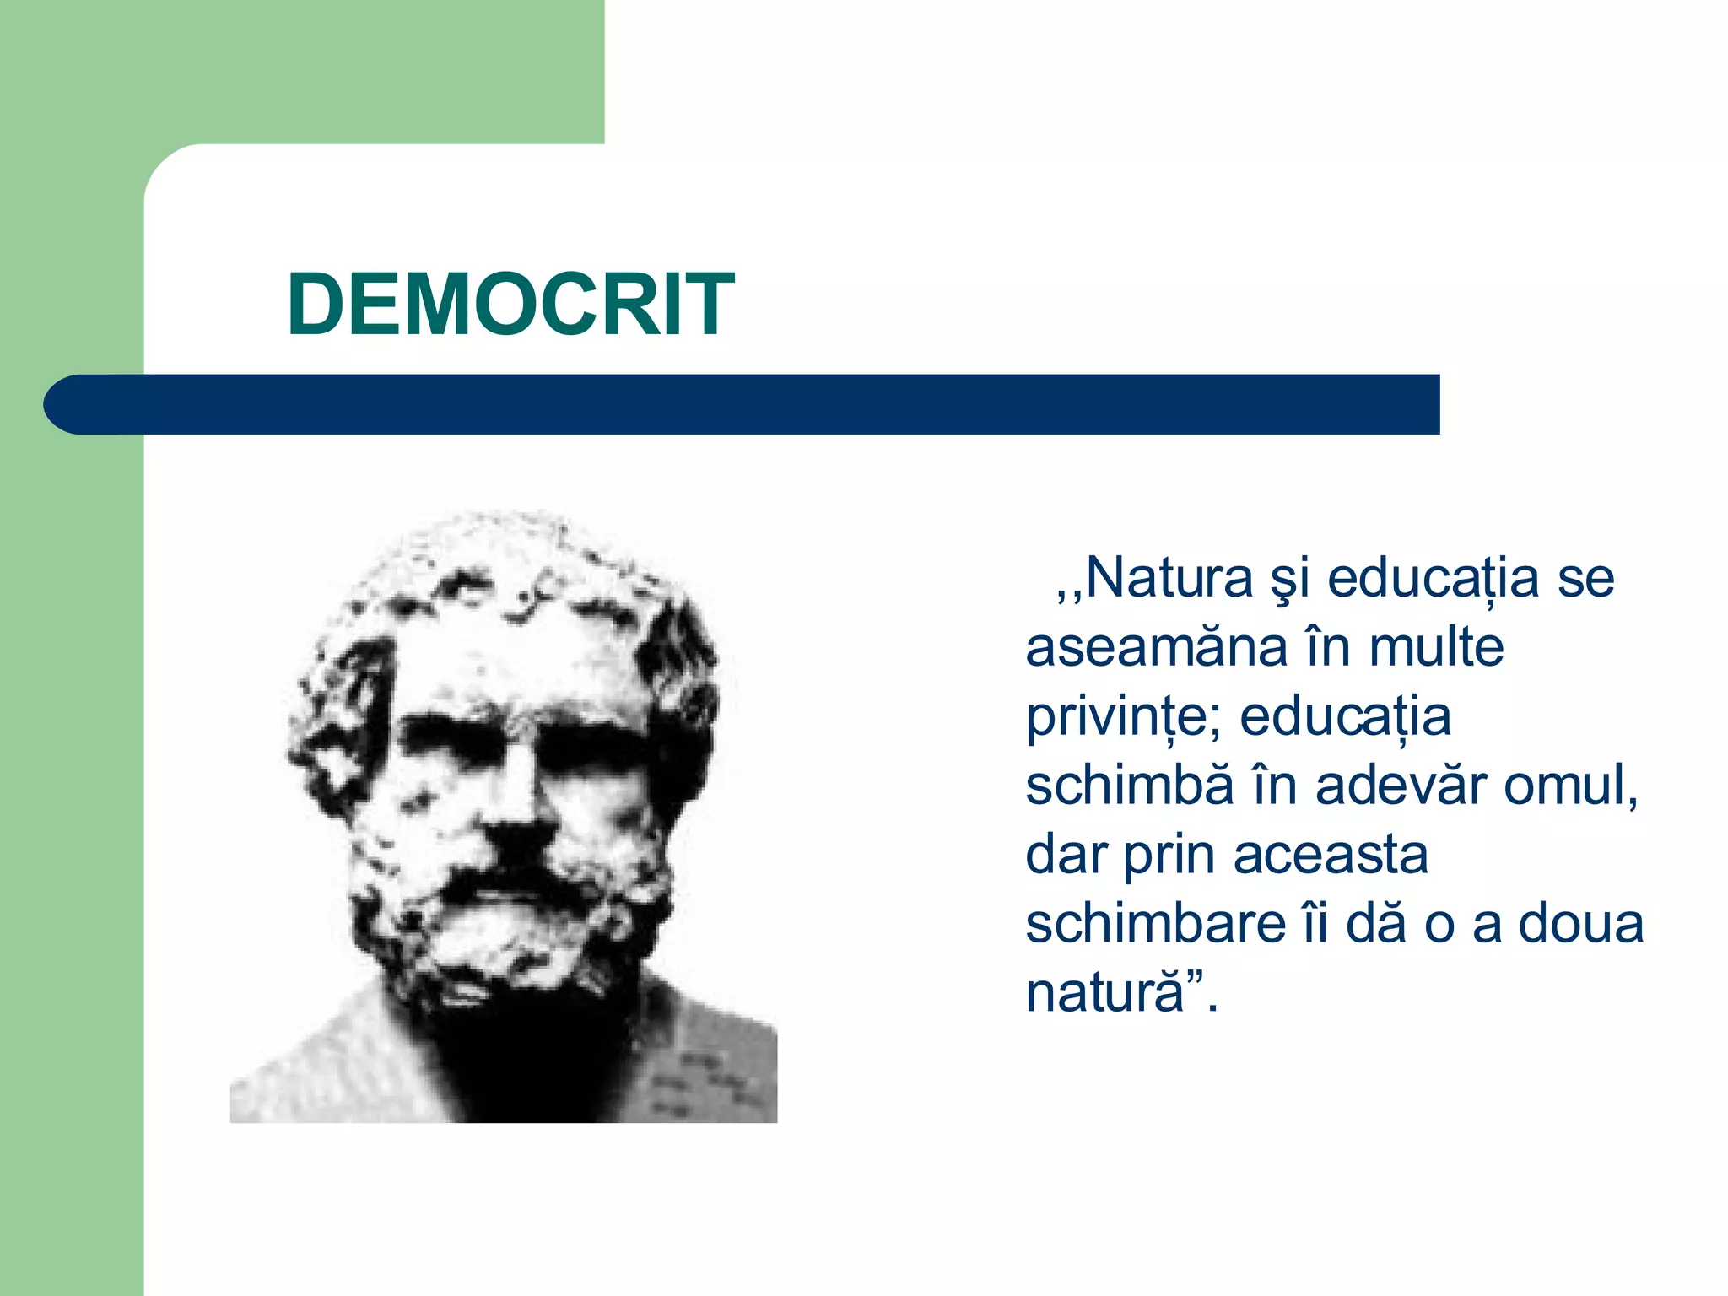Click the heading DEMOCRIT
click(510, 305)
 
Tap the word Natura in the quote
click(1169, 579)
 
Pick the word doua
click(1581, 925)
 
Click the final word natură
click(1105, 994)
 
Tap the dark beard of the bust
click(523, 1038)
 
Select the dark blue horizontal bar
click(759, 404)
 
